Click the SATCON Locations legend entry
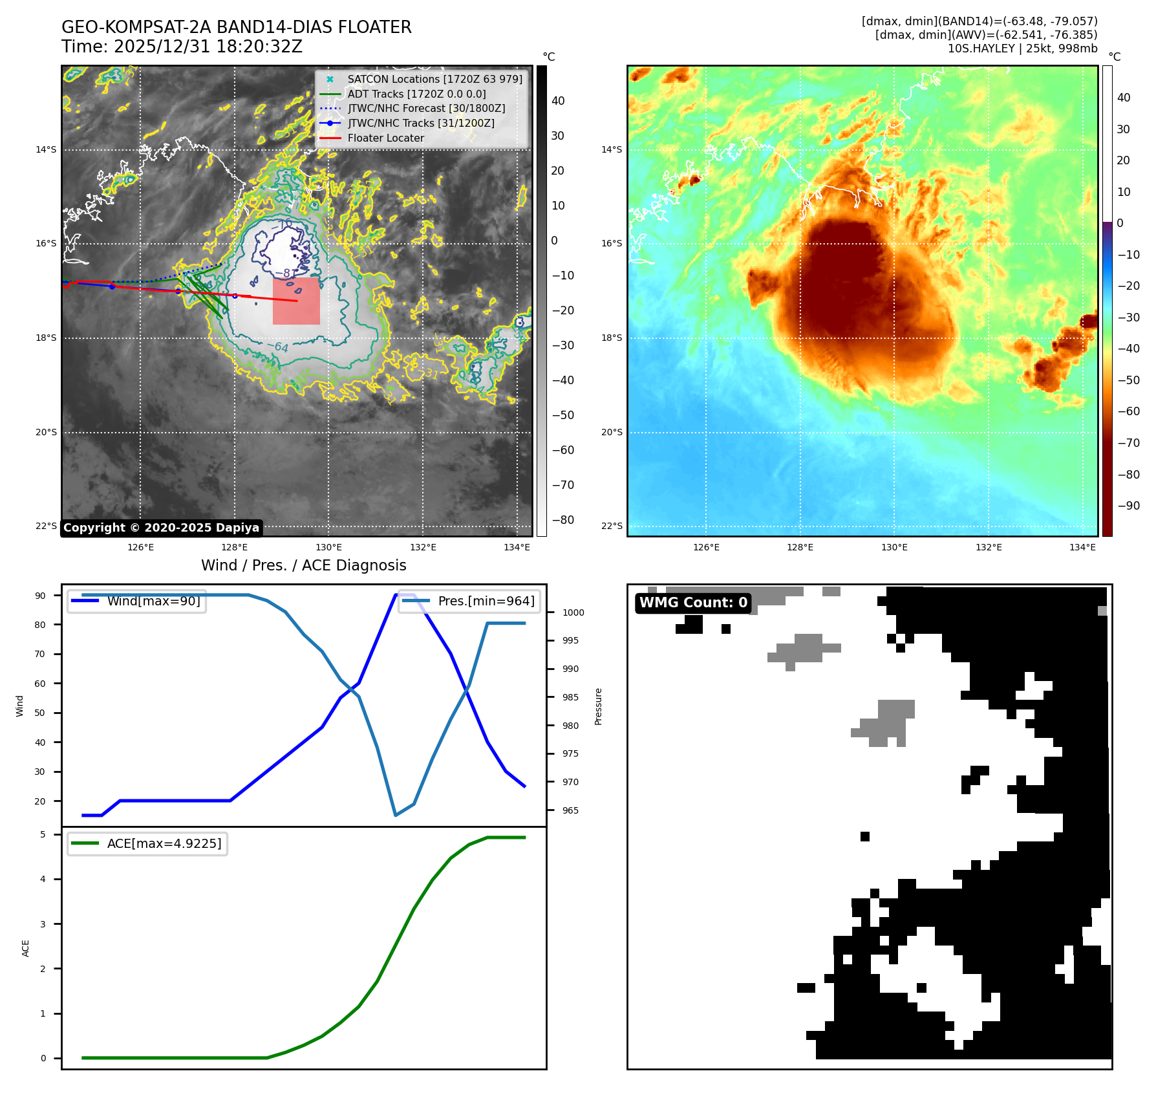pyautogui.click(x=434, y=79)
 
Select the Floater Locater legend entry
pyautogui.click(x=385, y=138)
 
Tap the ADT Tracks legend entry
pyautogui.click(x=416, y=94)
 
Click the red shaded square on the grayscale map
pyautogui.click(x=296, y=301)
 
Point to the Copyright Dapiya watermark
pyautogui.click(x=161, y=528)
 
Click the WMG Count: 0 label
pyautogui.click(x=693, y=603)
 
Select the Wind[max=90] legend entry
pyautogui.click(x=153, y=601)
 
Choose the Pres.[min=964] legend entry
pyautogui.click(x=486, y=601)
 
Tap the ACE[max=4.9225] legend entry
pyautogui.click(x=164, y=843)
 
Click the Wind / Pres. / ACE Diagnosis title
pyautogui.click(x=304, y=565)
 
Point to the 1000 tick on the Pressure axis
pyautogui.click(x=573, y=612)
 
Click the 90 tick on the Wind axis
pyautogui.click(x=41, y=596)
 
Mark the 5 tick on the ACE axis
pyautogui.click(x=43, y=834)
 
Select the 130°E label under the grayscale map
pyautogui.click(x=328, y=547)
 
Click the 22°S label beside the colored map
pyautogui.click(x=612, y=526)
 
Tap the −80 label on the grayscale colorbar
pyautogui.click(x=562, y=520)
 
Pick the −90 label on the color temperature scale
pyautogui.click(x=1129, y=506)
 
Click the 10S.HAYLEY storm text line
pyautogui.click(x=1022, y=49)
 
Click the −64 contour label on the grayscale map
pyautogui.click(x=281, y=347)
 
